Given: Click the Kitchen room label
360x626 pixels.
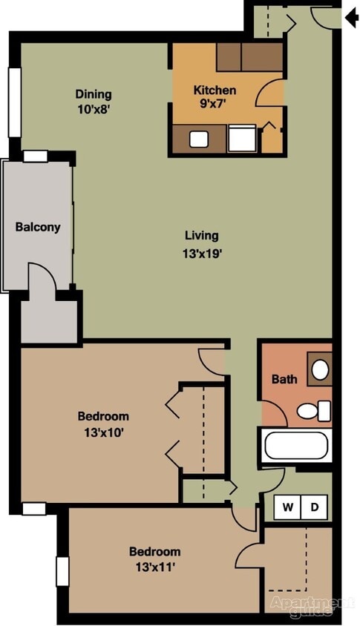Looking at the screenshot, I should [x=215, y=90].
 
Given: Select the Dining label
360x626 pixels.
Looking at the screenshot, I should [x=94, y=94].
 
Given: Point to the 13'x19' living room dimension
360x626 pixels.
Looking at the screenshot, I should [x=202, y=252].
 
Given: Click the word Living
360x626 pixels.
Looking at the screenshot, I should [x=202, y=236].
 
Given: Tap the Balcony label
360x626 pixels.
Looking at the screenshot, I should [x=38, y=227].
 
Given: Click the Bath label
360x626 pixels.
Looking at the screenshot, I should [x=284, y=379].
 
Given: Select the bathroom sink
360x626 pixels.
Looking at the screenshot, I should [x=320, y=369].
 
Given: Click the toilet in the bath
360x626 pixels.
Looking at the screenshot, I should [x=315, y=409].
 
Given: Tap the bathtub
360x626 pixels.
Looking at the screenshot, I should [x=296, y=447].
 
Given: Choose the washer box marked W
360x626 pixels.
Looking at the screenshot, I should [x=287, y=507].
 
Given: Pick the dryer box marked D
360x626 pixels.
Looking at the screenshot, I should [x=314, y=507].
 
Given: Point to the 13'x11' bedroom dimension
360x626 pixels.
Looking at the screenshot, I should [x=154, y=567].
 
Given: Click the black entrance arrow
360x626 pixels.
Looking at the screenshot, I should [x=351, y=16].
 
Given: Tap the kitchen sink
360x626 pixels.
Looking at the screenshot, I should [x=199, y=139].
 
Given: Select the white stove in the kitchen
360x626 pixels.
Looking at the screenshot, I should [x=240, y=139].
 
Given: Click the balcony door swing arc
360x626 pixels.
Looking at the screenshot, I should [x=43, y=276].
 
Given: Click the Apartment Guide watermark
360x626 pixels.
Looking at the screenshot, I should [x=312, y=604].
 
